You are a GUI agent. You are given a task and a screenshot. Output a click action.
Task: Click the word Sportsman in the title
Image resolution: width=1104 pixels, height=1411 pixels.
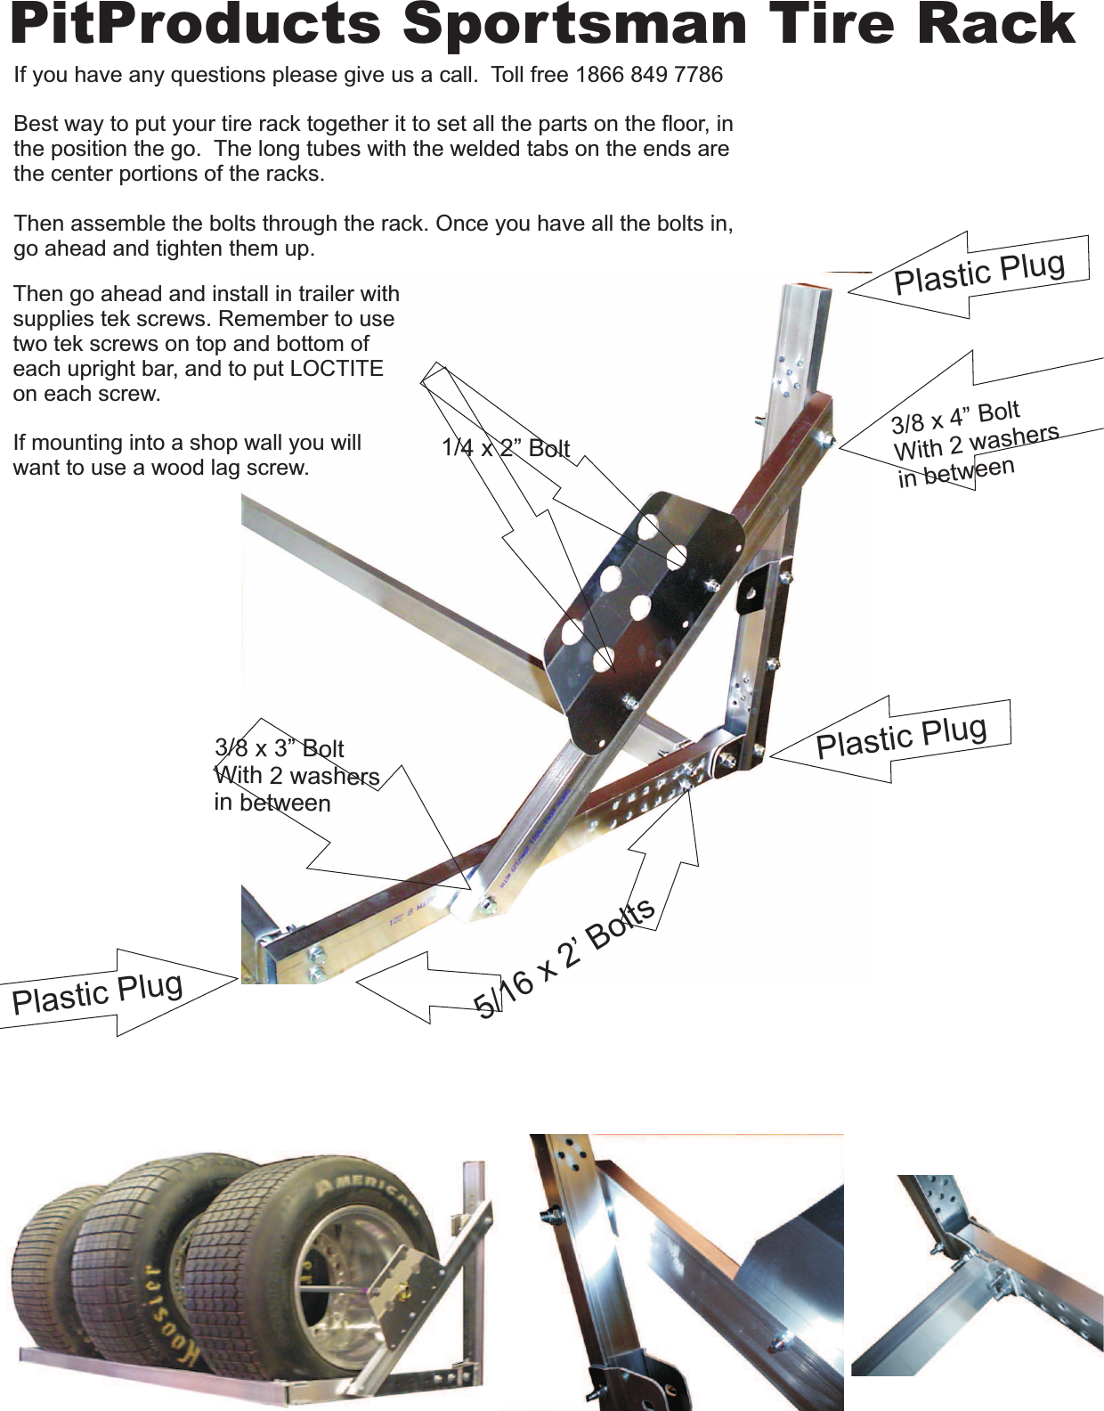pos(574,25)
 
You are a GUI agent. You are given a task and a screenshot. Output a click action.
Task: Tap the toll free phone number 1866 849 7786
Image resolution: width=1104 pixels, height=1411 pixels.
pos(649,75)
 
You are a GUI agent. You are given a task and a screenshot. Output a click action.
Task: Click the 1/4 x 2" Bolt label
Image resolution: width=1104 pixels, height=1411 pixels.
pos(505,448)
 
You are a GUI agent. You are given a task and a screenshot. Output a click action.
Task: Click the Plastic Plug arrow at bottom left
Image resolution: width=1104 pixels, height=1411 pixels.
pos(98,992)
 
